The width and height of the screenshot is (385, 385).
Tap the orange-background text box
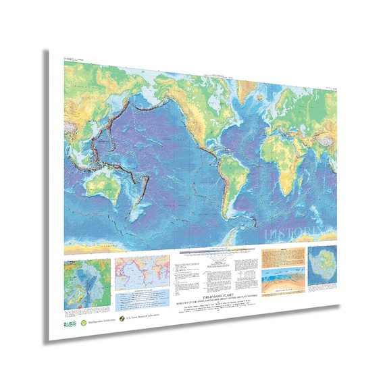coord(280,257)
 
